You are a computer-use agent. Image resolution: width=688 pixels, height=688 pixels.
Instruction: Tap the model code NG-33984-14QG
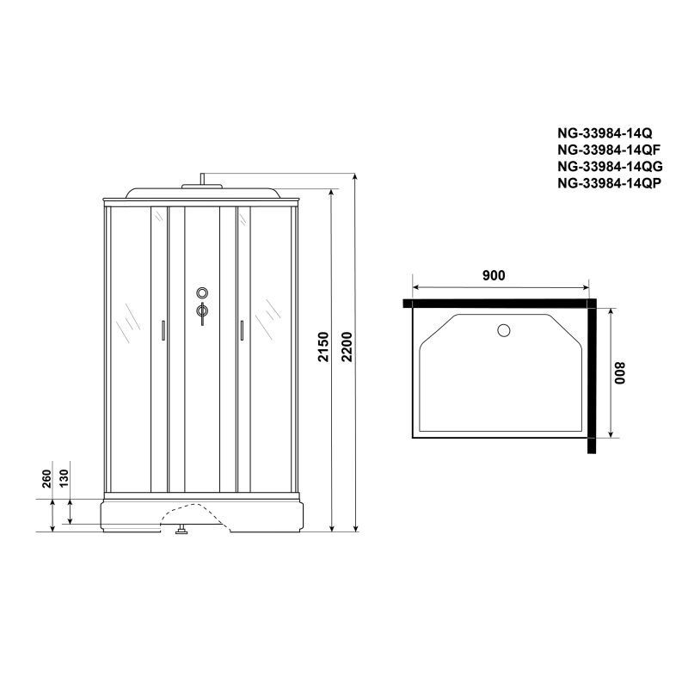point(606,166)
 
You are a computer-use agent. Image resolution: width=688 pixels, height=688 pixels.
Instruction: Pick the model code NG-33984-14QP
point(606,182)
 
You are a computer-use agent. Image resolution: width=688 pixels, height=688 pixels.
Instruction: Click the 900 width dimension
point(493,275)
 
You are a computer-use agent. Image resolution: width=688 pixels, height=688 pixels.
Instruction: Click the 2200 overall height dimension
point(346,347)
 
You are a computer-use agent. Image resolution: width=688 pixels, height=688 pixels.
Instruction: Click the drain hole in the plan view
point(505,329)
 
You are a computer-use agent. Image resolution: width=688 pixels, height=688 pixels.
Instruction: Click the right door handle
point(243,332)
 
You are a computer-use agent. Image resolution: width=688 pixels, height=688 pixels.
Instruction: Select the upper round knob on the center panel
point(201,292)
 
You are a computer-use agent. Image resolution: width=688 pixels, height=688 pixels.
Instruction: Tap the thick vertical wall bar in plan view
point(593,378)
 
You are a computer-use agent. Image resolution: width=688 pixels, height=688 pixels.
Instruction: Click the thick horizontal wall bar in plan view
point(499,304)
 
